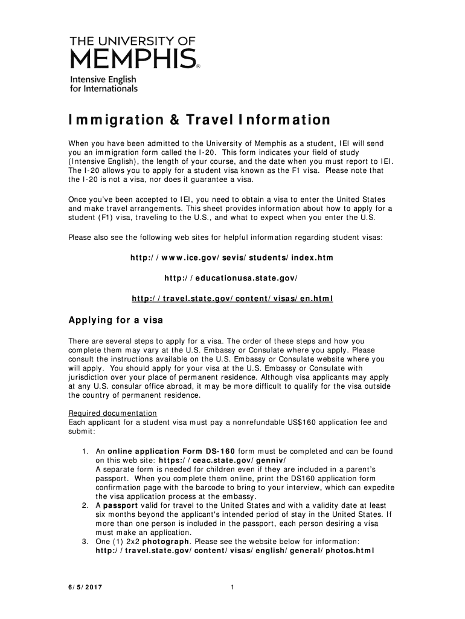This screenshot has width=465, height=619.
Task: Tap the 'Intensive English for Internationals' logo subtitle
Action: click(104, 84)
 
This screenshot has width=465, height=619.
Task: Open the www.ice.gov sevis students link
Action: click(232, 258)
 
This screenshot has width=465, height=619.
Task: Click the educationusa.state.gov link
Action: click(232, 279)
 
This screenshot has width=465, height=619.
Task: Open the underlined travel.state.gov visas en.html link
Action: click(232, 299)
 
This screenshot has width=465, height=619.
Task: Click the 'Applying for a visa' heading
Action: click(115, 320)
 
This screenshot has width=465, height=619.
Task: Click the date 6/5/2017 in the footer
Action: click(85, 588)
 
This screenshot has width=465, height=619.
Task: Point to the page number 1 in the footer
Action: click(232, 588)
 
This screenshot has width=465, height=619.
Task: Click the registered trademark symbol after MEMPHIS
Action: click(199, 68)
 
